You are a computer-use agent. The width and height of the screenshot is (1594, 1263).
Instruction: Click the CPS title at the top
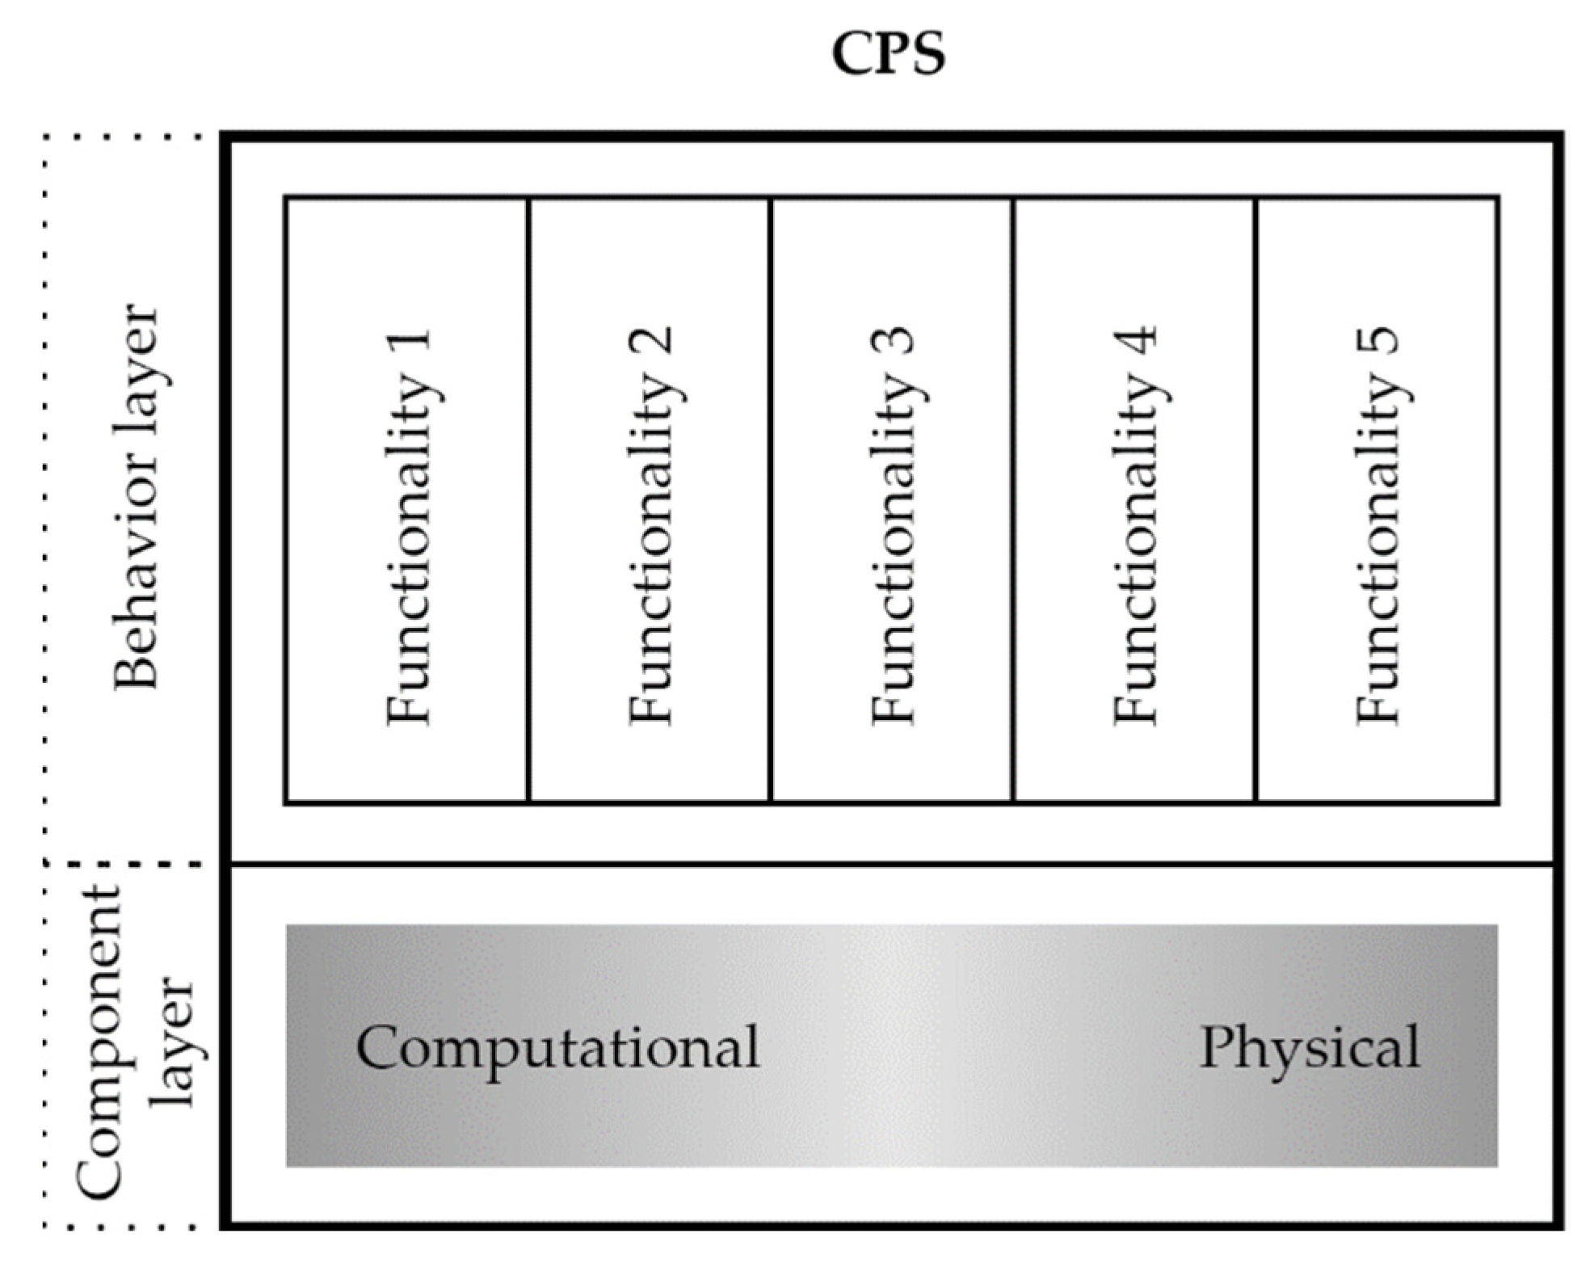(888, 55)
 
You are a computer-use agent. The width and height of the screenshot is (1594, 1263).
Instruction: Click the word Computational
(557, 1048)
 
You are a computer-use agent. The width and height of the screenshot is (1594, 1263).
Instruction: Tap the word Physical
(1309, 1047)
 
